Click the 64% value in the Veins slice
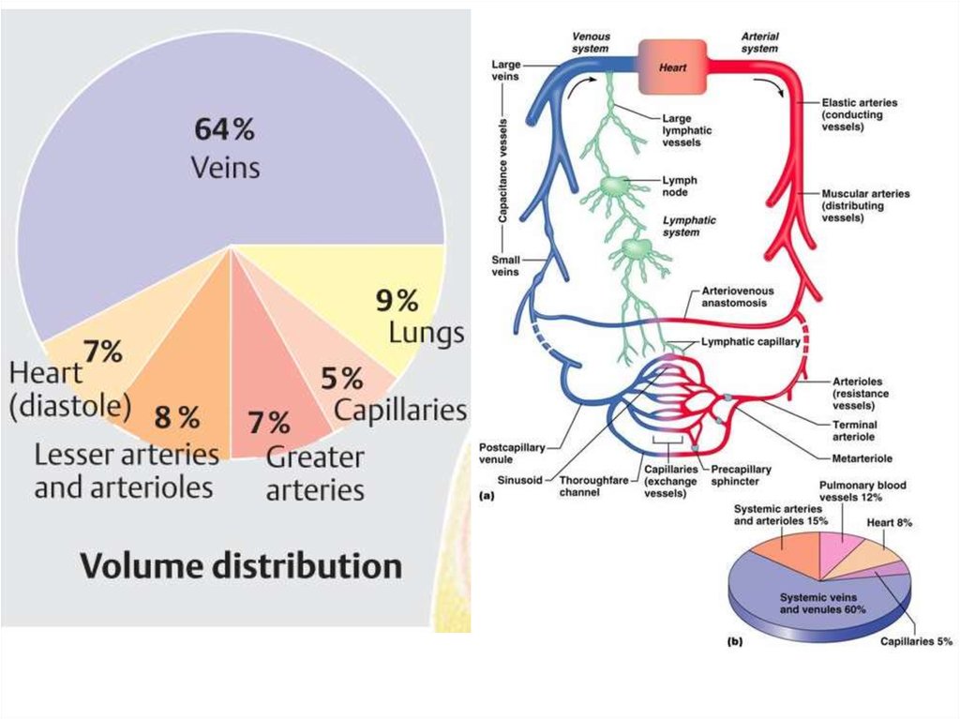(224, 130)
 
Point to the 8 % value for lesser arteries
(176, 418)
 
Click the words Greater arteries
(315, 474)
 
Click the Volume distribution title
(241, 566)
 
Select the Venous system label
(591, 42)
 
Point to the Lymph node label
(679, 185)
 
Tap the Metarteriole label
(861, 458)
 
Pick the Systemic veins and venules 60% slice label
(823, 603)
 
